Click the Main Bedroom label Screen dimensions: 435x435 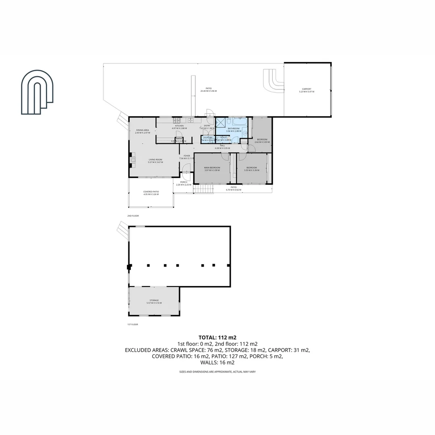click(x=212, y=167)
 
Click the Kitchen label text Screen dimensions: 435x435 click(x=179, y=126)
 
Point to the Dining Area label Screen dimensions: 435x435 click(x=143, y=130)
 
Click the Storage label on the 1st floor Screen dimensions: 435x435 click(x=154, y=300)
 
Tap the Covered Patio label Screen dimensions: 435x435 click(x=151, y=192)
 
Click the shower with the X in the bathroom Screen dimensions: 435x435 click(x=221, y=123)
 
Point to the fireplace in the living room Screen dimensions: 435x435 click(x=131, y=160)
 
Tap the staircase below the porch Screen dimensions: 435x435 click(x=203, y=189)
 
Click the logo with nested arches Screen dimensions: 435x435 click(x=37, y=92)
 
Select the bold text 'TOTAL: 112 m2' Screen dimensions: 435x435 click(x=217, y=338)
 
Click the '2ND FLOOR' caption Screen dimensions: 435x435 click(x=133, y=216)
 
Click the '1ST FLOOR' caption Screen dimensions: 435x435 click(x=133, y=324)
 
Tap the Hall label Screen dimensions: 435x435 click(x=222, y=145)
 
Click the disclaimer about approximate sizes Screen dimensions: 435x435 click(x=217, y=372)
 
